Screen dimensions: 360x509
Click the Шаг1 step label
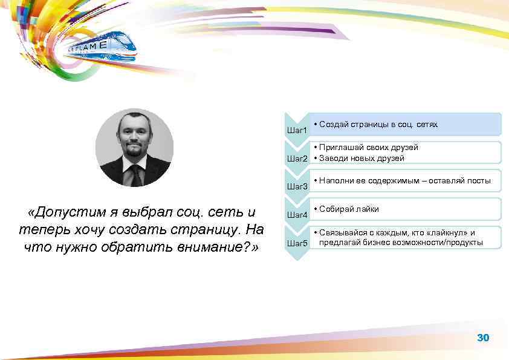[x=297, y=130]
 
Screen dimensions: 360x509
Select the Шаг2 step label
[x=297, y=159]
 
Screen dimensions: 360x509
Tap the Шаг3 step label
[x=297, y=186]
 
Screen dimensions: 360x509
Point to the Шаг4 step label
[x=297, y=215]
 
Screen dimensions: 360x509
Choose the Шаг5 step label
[x=297, y=243]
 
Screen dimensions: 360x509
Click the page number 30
[x=483, y=338]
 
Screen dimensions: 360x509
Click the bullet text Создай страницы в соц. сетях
[x=378, y=124]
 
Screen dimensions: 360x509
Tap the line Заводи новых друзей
[x=362, y=158]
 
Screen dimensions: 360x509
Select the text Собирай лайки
[x=349, y=209]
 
